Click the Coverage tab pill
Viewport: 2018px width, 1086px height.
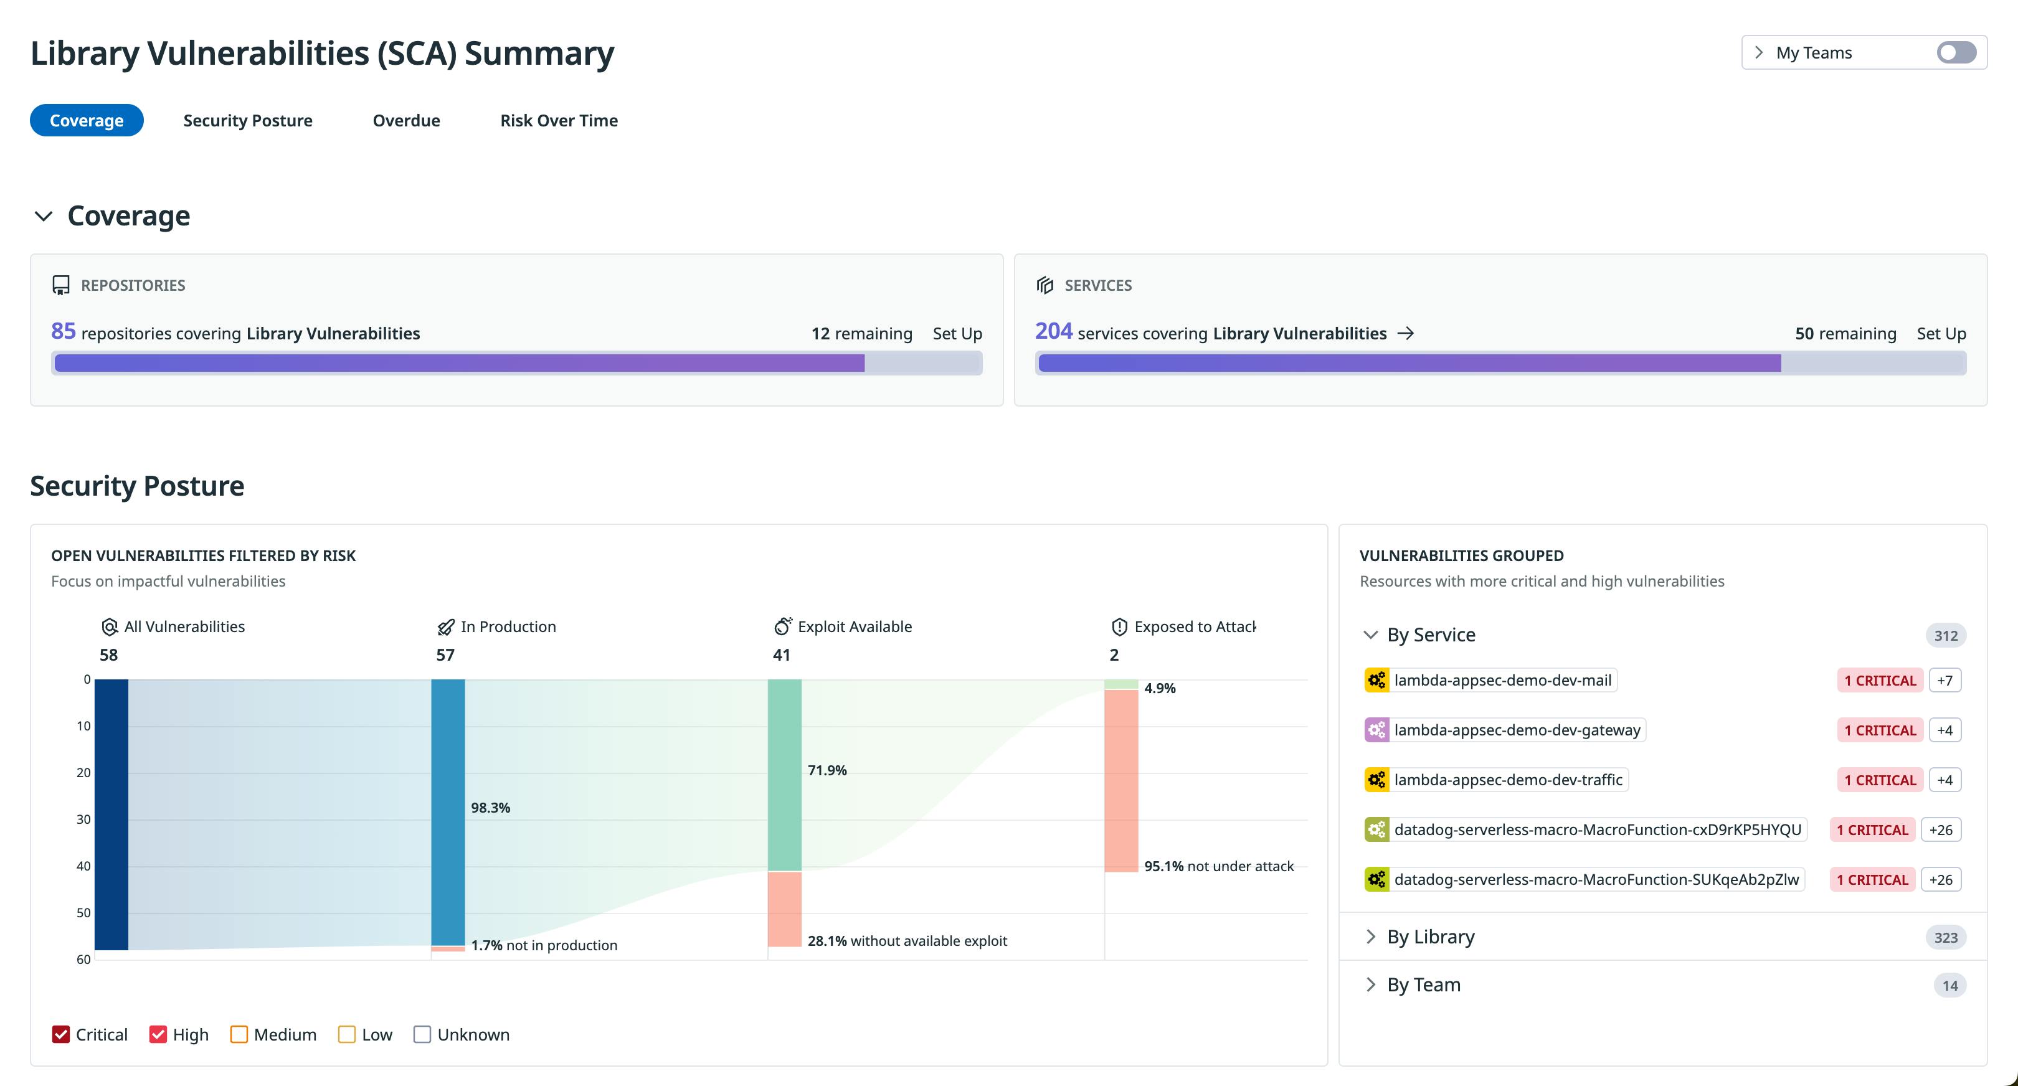tap(86, 121)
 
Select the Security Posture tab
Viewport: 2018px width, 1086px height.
tap(247, 121)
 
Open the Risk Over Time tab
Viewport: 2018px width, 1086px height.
tap(559, 121)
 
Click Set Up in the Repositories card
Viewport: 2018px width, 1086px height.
tap(957, 334)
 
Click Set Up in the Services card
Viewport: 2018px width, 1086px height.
tap(1940, 334)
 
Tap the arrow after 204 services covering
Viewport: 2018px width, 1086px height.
tap(1406, 334)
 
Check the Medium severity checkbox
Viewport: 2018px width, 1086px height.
tap(239, 1034)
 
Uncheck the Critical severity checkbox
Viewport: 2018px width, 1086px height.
tap(61, 1034)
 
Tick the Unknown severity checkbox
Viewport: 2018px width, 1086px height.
tap(422, 1034)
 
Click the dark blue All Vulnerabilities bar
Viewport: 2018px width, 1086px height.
tap(111, 814)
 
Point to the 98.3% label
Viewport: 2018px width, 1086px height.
tap(490, 807)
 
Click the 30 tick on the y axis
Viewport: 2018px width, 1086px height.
tap(83, 819)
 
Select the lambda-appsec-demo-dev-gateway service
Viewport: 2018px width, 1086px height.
tap(1516, 730)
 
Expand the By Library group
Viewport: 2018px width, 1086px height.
tap(1431, 937)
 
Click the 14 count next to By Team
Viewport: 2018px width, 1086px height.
tap(1949, 985)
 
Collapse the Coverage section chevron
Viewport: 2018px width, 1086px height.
tap(44, 216)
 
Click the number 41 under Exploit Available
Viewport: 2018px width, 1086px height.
tap(781, 654)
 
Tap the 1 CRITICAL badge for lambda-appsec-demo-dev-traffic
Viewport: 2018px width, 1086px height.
tap(1879, 780)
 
